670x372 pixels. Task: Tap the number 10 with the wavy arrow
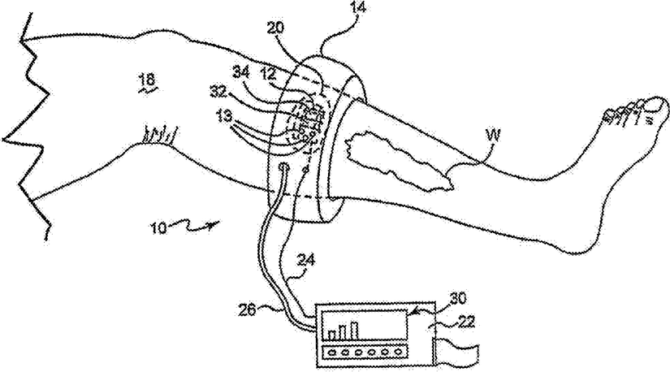158,228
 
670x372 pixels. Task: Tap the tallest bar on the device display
355,330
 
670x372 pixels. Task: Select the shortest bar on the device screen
331,334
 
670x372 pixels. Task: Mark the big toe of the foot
642,105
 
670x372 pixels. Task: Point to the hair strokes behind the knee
158,131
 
